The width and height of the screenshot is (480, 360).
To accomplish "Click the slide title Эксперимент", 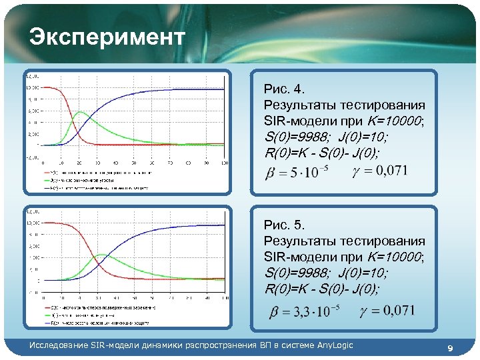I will (x=107, y=37).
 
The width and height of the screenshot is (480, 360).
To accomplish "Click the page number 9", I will (x=450, y=348).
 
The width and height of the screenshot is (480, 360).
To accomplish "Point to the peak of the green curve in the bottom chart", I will (x=99, y=254).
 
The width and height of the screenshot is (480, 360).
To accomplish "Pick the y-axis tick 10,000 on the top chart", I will (x=33, y=87).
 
